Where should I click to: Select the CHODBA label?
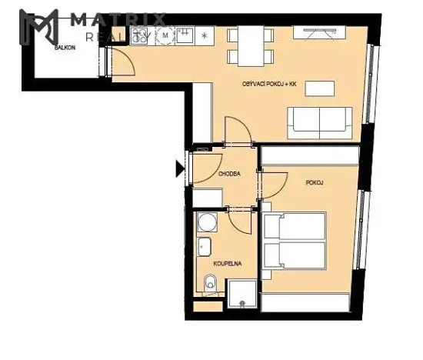(x=229, y=174)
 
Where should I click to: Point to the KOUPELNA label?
(x=229, y=262)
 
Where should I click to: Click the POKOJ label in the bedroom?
(x=313, y=183)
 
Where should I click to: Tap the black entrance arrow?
(x=181, y=167)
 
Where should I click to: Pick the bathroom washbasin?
(x=205, y=248)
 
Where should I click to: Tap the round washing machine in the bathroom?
(x=206, y=224)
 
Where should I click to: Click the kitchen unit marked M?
(x=165, y=35)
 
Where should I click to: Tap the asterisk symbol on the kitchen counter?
(x=204, y=35)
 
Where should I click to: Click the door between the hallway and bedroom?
(x=270, y=185)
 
